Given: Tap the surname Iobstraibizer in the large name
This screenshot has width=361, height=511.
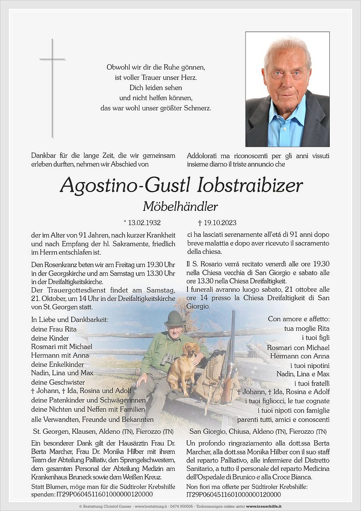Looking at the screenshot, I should click(250, 185).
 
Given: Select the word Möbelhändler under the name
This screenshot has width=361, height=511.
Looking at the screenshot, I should click(180, 207).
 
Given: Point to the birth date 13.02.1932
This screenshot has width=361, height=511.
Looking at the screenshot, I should click(144, 223).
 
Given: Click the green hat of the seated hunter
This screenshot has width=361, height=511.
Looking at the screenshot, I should click(174, 318).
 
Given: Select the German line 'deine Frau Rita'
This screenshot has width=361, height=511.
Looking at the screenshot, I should click(54, 329).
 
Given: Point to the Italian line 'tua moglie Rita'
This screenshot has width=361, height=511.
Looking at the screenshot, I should click(307, 329).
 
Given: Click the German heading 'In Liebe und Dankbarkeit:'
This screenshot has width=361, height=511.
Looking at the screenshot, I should click(70, 319).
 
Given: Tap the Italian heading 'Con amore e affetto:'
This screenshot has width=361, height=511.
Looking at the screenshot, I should click(299, 319).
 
